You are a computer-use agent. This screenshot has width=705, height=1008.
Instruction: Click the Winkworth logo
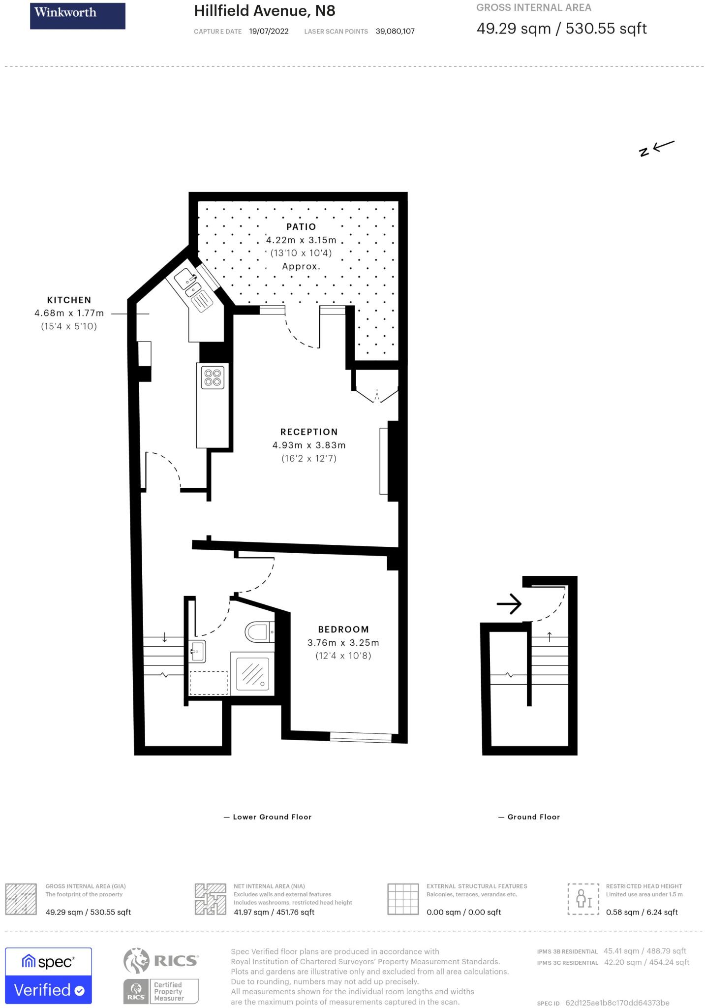click(x=77, y=16)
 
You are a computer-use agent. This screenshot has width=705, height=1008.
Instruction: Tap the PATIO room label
click(x=301, y=227)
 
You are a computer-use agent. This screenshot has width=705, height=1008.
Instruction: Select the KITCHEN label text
click(x=69, y=300)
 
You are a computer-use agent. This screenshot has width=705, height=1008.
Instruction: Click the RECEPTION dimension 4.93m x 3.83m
click(x=309, y=445)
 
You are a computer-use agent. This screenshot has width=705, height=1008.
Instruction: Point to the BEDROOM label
click(x=343, y=629)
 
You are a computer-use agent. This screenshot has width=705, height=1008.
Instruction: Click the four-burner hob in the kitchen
click(x=213, y=377)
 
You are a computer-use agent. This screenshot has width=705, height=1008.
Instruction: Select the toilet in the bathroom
click(x=258, y=631)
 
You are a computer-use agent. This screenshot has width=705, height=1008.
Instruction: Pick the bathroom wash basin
click(x=197, y=652)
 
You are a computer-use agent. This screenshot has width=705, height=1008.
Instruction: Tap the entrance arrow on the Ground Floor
click(x=509, y=603)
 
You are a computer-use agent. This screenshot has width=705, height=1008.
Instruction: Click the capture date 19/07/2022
click(x=269, y=31)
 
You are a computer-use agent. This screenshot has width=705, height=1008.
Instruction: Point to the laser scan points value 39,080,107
click(x=395, y=31)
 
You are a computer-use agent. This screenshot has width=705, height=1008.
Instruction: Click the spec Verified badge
click(x=48, y=976)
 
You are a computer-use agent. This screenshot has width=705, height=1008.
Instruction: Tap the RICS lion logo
click(x=136, y=961)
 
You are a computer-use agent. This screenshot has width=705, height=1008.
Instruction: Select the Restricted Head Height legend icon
click(x=583, y=899)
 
